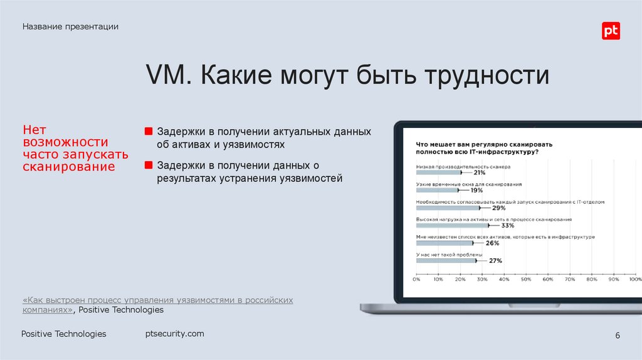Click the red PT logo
click(x=611, y=31)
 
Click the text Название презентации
click(x=71, y=26)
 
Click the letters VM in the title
click(x=165, y=77)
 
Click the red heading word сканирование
click(x=69, y=167)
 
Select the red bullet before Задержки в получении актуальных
click(x=149, y=132)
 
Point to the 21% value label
click(x=480, y=172)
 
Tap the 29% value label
click(x=499, y=208)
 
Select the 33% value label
click(x=508, y=225)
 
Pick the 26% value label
click(x=492, y=243)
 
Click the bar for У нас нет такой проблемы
click(x=446, y=260)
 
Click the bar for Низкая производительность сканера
click(x=438, y=172)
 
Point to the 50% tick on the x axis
click(x=526, y=279)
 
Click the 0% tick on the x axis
click(x=416, y=279)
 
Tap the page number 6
click(x=618, y=336)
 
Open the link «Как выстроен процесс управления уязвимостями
click(x=157, y=300)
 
